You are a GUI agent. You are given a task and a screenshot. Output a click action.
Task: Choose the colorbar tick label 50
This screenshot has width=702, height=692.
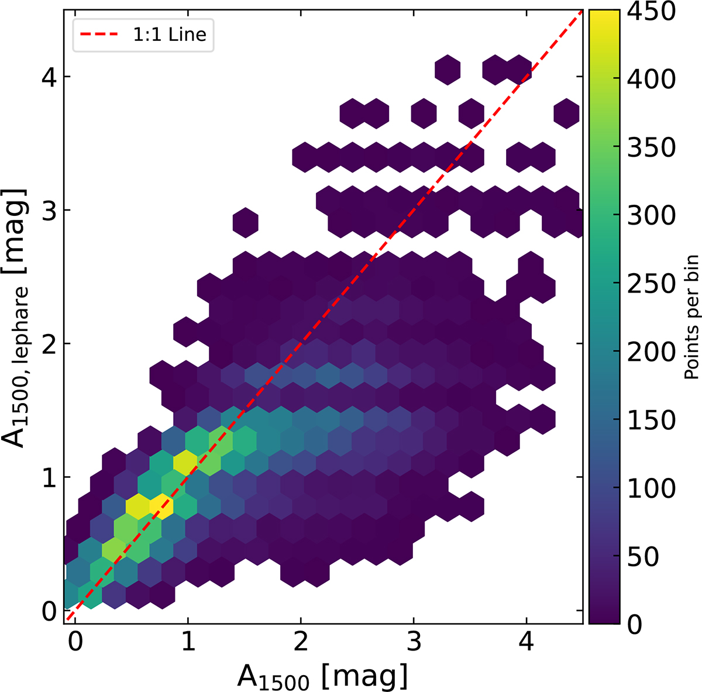click(643, 556)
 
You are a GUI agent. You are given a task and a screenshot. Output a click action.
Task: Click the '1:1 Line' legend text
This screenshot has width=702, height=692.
click(169, 35)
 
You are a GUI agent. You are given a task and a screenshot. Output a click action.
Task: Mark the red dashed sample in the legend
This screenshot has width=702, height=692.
click(96, 35)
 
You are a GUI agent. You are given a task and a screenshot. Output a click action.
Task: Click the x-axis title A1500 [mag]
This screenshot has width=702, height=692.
click(322, 676)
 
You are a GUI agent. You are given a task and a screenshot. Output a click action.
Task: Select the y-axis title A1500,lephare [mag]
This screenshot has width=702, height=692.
click(20, 318)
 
